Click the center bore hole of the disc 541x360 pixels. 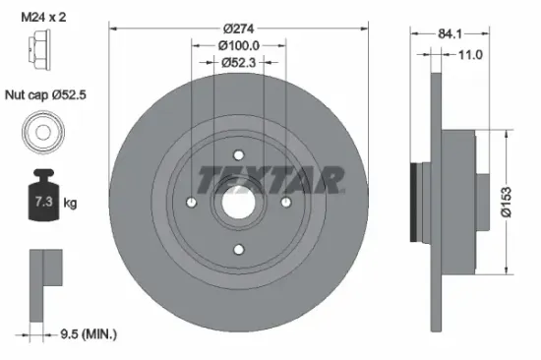pos(239,202)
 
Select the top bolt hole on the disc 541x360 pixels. pos(239,153)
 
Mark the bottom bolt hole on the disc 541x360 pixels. pos(239,250)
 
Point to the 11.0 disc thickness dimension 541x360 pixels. pos(470,55)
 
